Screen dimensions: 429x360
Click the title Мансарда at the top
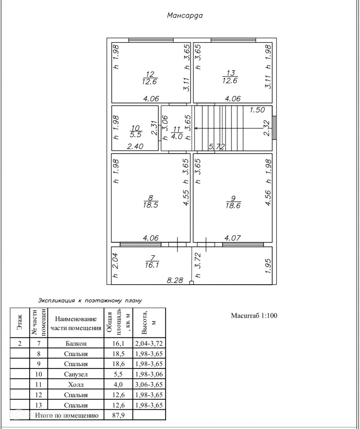tap(185, 15)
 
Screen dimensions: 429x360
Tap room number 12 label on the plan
tap(150, 73)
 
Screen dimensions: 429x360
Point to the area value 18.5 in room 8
tap(150, 205)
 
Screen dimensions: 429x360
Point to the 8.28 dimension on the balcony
tap(175, 280)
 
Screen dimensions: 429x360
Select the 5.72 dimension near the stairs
tap(217, 146)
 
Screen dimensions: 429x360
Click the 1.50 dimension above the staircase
tap(257, 110)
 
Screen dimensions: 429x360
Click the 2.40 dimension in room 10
tap(135, 146)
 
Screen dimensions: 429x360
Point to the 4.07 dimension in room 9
tap(232, 238)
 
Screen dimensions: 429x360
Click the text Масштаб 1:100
tap(254, 315)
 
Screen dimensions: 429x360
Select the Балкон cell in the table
tap(76, 343)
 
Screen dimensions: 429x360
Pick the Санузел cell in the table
tap(76, 374)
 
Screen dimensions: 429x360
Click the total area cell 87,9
tap(119, 416)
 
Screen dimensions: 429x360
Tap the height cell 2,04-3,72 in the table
tap(149, 343)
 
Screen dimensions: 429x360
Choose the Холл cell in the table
tap(76, 384)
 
